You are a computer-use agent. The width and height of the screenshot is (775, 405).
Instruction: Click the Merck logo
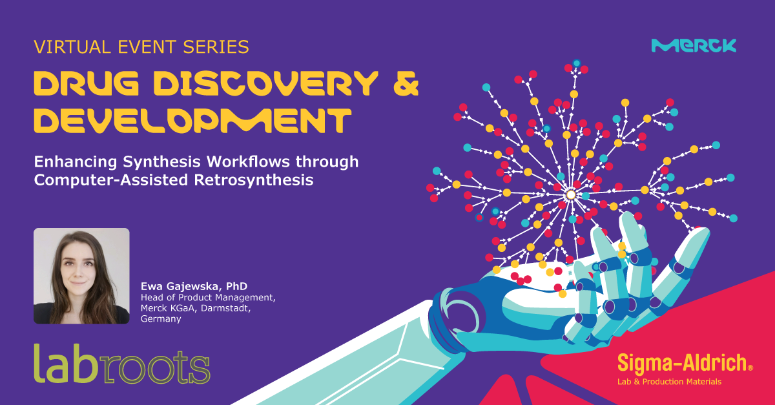[694, 45]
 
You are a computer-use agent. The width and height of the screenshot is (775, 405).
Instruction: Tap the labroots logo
[122, 364]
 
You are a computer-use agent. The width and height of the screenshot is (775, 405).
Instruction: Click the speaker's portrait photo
[81, 276]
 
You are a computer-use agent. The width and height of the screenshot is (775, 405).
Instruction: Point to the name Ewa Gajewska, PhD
[194, 286]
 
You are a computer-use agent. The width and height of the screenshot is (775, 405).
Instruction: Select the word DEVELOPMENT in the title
[192, 120]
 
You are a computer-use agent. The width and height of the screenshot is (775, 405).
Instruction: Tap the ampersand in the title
[406, 83]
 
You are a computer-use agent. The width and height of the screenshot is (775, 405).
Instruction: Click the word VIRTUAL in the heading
[72, 47]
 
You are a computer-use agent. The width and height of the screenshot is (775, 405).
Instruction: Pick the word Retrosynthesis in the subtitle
[254, 180]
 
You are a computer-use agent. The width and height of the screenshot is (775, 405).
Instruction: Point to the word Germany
[161, 319]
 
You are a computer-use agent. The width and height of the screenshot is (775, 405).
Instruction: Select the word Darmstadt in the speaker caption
[225, 307]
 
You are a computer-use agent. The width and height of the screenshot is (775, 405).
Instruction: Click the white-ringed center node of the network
[571, 195]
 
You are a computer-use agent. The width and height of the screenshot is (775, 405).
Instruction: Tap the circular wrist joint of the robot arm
[460, 317]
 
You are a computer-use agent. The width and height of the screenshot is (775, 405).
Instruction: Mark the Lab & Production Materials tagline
[670, 382]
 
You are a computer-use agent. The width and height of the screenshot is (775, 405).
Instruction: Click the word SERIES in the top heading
[216, 47]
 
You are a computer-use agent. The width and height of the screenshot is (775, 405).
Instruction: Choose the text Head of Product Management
[208, 297]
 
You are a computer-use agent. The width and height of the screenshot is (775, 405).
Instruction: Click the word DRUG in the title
[86, 83]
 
